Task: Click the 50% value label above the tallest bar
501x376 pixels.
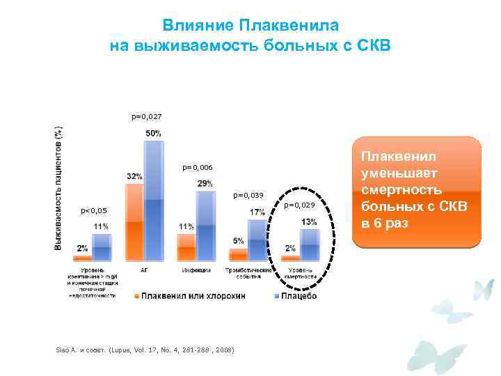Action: (x=154, y=133)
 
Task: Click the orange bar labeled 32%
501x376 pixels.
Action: (x=134, y=222)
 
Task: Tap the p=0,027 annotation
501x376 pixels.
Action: (x=146, y=117)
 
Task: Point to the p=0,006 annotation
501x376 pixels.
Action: (x=197, y=168)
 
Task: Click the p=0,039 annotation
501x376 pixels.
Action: (x=248, y=196)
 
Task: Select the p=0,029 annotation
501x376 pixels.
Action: (x=301, y=205)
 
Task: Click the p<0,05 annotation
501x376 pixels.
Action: (x=94, y=210)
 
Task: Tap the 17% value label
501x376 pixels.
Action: (x=257, y=212)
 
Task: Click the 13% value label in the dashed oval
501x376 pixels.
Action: (x=309, y=221)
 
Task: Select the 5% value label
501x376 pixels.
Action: (x=238, y=241)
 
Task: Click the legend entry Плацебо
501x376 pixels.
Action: (x=297, y=296)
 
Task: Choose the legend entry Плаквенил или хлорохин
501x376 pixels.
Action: (x=193, y=296)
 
